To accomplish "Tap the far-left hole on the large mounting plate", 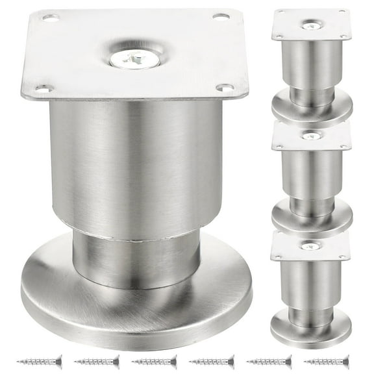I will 44,87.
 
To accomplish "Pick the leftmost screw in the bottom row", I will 39,360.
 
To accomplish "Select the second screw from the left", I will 97,360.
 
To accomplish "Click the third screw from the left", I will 154,360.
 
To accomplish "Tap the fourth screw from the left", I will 212,360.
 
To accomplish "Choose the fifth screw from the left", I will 269,360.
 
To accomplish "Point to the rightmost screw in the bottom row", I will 327,360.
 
